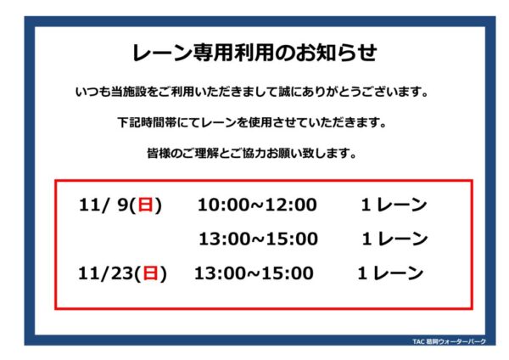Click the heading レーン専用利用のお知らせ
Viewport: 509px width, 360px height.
click(x=255, y=53)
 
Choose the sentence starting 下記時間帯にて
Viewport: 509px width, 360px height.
click(x=252, y=123)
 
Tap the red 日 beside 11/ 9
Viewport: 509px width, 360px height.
click(x=145, y=205)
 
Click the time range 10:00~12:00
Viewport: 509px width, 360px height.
click(x=257, y=205)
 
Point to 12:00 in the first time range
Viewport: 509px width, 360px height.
click(x=292, y=205)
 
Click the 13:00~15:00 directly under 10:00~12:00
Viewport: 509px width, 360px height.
click(x=258, y=239)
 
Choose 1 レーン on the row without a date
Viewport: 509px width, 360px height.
click(x=395, y=239)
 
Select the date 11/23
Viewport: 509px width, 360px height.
click(x=105, y=273)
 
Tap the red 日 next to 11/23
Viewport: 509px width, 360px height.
click(x=150, y=273)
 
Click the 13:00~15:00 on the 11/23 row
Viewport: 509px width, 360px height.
click(x=254, y=273)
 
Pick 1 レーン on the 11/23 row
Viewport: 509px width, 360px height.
click(x=390, y=273)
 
